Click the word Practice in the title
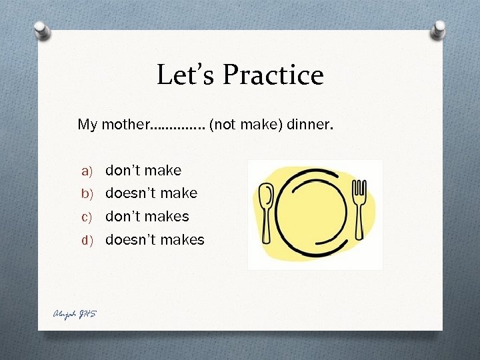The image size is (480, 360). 273,75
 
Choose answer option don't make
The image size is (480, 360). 143,171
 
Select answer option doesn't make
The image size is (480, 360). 151,193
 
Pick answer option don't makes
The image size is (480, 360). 147,217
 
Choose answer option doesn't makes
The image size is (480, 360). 155,239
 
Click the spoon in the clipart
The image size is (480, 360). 265,213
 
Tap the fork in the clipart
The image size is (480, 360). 359,213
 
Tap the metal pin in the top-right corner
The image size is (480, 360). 439,29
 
